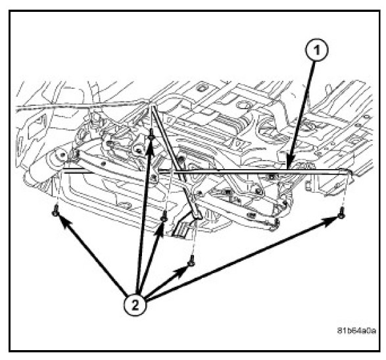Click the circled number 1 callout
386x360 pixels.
316,50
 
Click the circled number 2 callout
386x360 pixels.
135,305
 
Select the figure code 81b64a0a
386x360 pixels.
356,330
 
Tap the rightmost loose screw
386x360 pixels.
341,214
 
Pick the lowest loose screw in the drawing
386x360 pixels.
191,262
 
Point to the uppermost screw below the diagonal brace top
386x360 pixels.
151,136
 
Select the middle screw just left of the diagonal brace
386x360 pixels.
164,217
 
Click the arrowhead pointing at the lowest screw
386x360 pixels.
181,271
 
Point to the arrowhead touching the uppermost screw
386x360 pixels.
150,151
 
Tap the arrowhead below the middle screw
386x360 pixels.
159,228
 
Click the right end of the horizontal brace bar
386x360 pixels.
349,172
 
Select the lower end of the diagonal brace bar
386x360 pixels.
199,217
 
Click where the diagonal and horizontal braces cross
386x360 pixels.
174,170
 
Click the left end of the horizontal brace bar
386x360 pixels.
63,170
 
